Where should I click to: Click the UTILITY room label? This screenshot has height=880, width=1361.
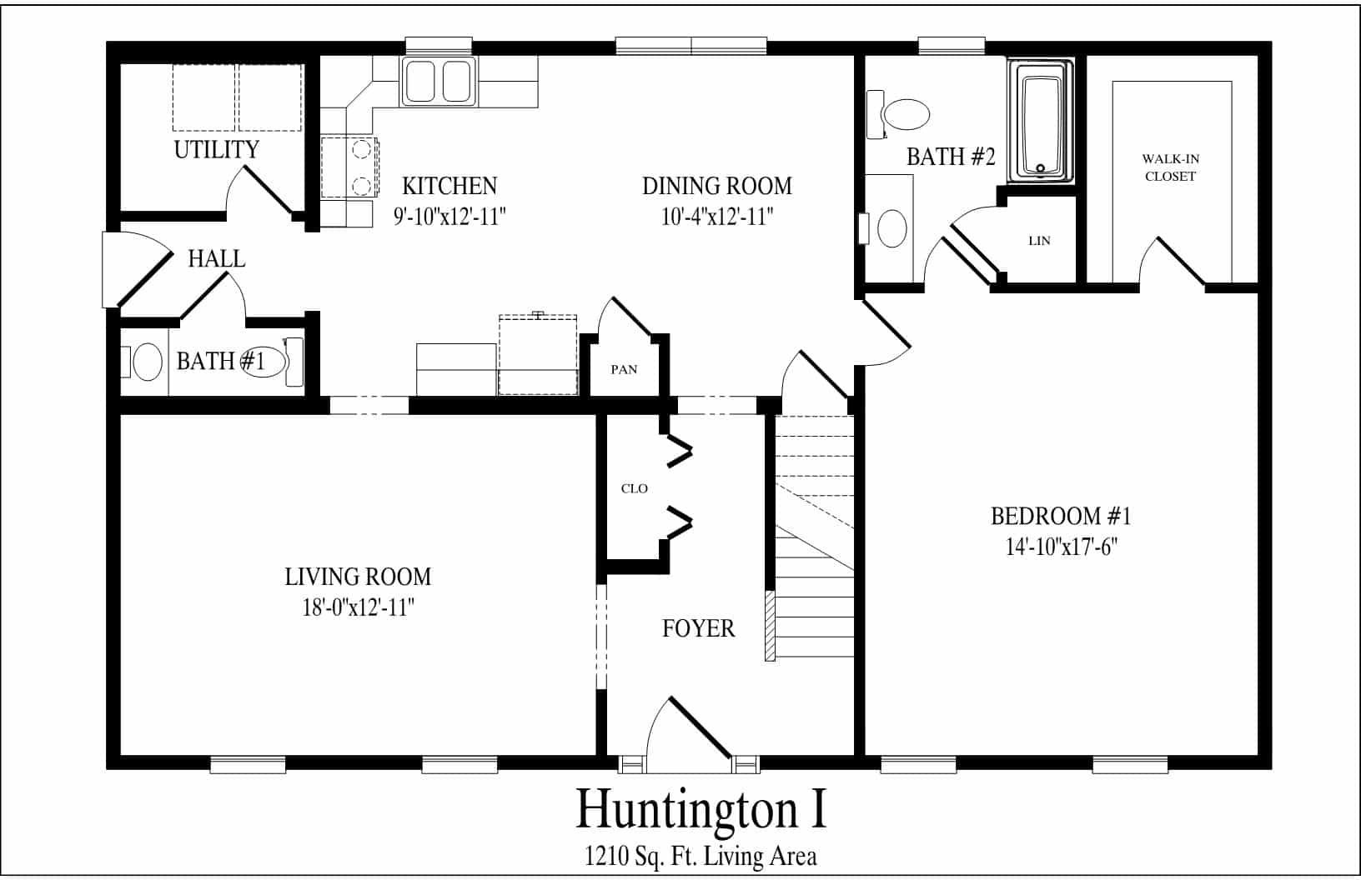click(216, 149)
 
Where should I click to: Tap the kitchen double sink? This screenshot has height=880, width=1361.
click(438, 82)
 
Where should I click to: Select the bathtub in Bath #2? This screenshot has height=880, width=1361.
click(1041, 122)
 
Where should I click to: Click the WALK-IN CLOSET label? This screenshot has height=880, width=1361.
click(1170, 167)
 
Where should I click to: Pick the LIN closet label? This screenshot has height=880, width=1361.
click(1040, 241)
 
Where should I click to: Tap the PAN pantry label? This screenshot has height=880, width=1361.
click(624, 369)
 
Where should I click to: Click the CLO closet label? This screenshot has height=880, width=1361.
click(635, 488)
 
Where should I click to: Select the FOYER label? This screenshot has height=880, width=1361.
click(698, 628)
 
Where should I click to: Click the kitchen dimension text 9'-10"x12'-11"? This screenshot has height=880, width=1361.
click(449, 216)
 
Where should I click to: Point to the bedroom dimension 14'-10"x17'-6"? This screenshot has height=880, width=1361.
click(1062, 547)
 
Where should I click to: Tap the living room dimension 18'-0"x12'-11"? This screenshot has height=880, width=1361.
click(358, 607)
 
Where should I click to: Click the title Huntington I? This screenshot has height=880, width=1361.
click(701, 808)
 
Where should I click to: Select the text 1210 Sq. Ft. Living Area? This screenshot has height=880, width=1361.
click(701, 857)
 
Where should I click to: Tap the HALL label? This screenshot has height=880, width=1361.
click(216, 258)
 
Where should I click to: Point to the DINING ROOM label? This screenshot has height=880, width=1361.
click(717, 186)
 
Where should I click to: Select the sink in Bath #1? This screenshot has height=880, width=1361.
click(147, 362)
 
